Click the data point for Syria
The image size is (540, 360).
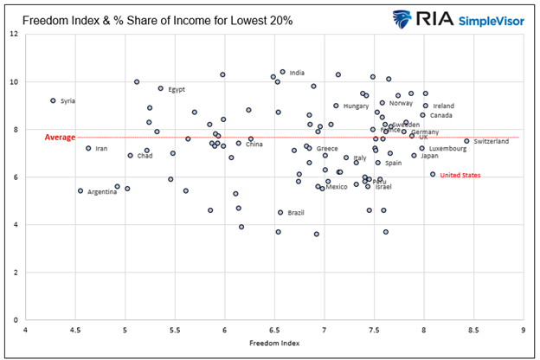pyautogui.click(x=53, y=100)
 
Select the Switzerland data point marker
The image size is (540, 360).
pyautogui.click(x=466, y=141)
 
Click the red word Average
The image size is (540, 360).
pyautogui.click(x=60, y=137)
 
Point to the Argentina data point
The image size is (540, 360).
pyautogui.click(x=80, y=191)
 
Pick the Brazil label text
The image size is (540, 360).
pyautogui.click(x=296, y=212)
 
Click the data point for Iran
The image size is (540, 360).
pyautogui.click(x=88, y=148)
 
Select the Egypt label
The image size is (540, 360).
pyautogui.click(x=177, y=89)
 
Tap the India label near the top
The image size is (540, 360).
pyautogui.click(x=297, y=73)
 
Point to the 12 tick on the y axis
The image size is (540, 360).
pyautogui.click(x=14, y=35)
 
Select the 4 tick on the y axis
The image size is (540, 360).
pyautogui.click(x=16, y=225)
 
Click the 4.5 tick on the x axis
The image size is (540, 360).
pyautogui.click(x=75, y=330)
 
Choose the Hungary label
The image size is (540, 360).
pyautogui.click(x=356, y=106)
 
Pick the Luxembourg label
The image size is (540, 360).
pyautogui.click(x=447, y=148)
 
